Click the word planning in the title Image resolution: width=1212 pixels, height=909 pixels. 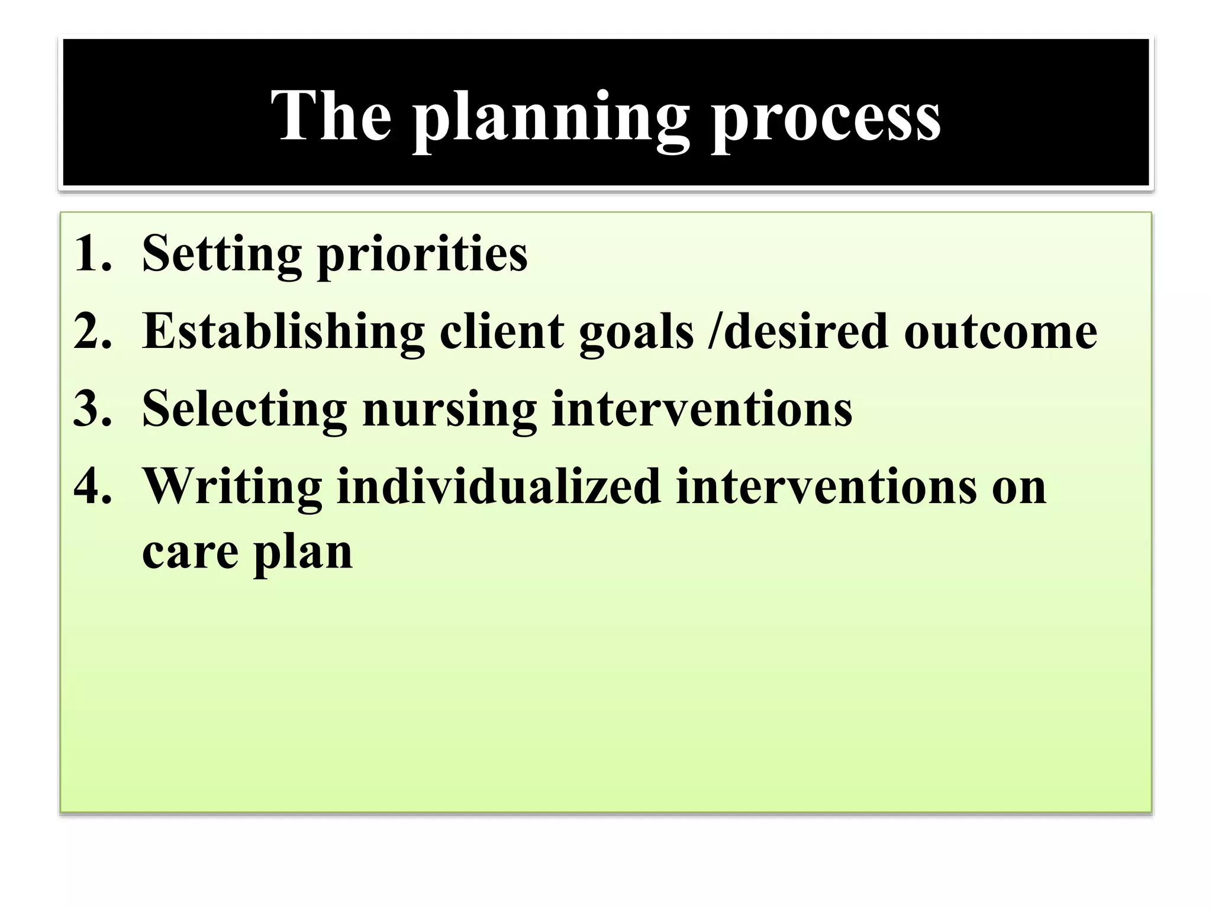[x=550, y=118]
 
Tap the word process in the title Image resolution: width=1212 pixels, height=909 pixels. [x=826, y=118]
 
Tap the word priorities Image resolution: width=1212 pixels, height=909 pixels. [x=422, y=254]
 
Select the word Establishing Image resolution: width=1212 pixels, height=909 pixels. [x=283, y=331]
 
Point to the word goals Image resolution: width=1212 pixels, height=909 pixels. [x=636, y=333]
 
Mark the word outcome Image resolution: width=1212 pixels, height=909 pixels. [x=1000, y=331]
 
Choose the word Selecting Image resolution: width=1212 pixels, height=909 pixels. [x=244, y=410]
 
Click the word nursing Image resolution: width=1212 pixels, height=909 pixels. [x=449, y=410]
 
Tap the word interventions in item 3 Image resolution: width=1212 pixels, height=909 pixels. [x=701, y=408]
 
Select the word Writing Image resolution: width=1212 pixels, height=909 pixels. [x=233, y=487]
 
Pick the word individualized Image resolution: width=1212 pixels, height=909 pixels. [x=498, y=486]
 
